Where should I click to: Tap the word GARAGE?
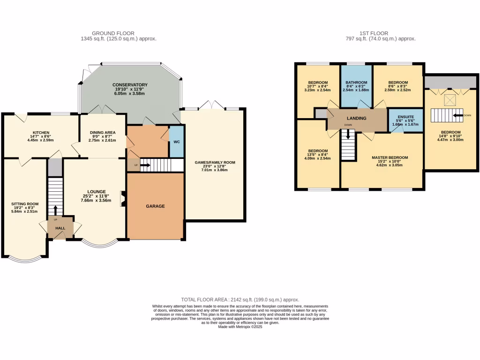[155, 206]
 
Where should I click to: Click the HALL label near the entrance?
[60, 228]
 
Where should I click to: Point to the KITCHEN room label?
[41, 133]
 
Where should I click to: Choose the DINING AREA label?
[102, 133]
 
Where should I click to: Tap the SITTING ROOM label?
[25, 204]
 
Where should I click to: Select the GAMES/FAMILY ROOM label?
[215, 163]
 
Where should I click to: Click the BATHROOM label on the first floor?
[356, 82]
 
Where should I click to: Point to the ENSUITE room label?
[406, 116]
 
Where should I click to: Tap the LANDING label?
[356, 119]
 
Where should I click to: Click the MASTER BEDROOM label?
[390, 157]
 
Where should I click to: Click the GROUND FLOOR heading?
[113, 33]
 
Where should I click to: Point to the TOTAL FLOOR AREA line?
[240, 300]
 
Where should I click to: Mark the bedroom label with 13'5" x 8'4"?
[317, 152]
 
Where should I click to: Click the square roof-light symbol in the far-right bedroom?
[450, 99]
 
